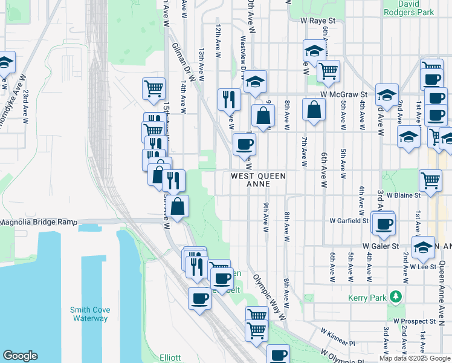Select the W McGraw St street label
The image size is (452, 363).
click(x=344, y=94)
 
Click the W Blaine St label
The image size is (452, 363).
click(x=404, y=195)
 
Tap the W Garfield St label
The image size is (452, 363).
click(x=349, y=221)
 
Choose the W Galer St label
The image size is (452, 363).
click(x=381, y=246)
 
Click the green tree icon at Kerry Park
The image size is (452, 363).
click(x=396, y=296)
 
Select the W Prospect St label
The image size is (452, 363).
click(x=414, y=321)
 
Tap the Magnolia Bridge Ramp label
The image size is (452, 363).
click(x=39, y=222)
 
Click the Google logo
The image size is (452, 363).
click(x=20, y=356)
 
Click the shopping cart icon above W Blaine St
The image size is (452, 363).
click(x=430, y=180)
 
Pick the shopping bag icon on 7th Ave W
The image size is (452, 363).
click(x=314, y=110)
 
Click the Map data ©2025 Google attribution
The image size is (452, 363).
click(x=415, y=358)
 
